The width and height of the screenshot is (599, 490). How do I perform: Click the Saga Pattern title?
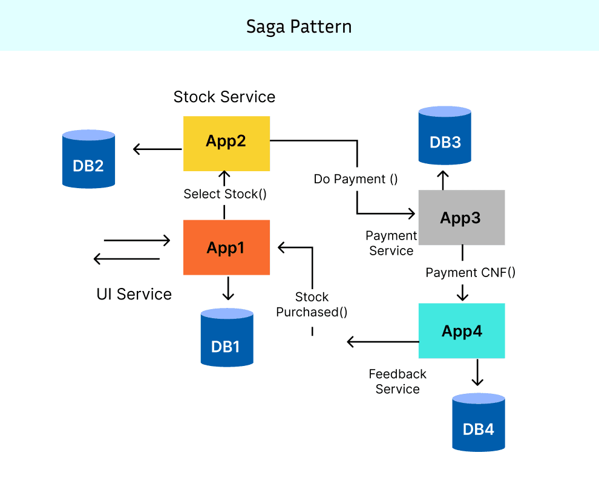pos(299,27)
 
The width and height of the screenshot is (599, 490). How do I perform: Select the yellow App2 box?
pos(226,143)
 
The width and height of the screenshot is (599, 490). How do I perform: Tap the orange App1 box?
pos(226,247)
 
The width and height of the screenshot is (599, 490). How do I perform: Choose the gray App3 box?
pos(461,217)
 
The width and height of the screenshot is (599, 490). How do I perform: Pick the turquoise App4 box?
pos(461,330)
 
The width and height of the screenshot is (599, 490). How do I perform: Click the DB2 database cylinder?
pos(89,158)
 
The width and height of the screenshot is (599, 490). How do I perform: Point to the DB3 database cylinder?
pos(445,136)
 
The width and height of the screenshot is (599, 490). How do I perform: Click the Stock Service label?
pos(224,97)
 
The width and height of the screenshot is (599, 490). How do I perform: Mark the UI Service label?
pos(134,294)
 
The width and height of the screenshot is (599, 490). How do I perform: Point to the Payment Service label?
pos(391,243)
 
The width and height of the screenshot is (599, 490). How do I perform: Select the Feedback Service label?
pos(398,382)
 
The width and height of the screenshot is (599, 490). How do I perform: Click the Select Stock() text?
pos(225,194)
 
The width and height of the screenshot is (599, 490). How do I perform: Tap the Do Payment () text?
pos(356,179)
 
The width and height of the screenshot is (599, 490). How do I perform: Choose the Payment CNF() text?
pos(470,272)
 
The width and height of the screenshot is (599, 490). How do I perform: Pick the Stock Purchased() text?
pos(312,304)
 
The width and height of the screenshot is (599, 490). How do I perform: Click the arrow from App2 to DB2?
pos(158,149)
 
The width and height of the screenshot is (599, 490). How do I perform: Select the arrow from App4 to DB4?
pos(477,372)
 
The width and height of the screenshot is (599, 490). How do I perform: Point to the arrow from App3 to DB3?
pos(444,180)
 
